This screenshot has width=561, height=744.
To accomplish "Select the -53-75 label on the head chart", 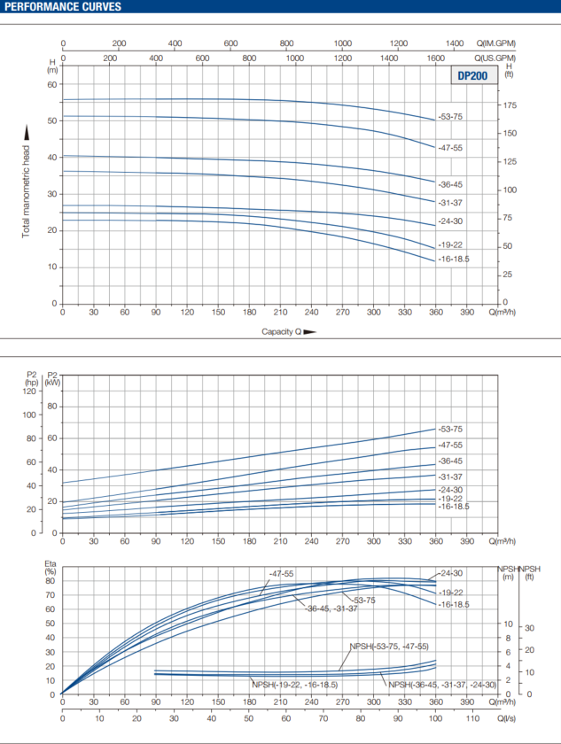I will pos(450,117).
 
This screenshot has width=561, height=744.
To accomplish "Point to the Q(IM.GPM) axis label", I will pos(495,43).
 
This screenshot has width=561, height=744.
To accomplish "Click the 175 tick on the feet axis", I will pos(509,105).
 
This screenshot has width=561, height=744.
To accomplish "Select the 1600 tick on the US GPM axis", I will pos(436,58).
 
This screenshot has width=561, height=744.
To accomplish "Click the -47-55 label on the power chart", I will pos(450,446).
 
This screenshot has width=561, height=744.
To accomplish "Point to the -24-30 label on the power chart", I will pos(450,489).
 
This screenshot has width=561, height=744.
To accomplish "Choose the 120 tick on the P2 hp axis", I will pos(31,391).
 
